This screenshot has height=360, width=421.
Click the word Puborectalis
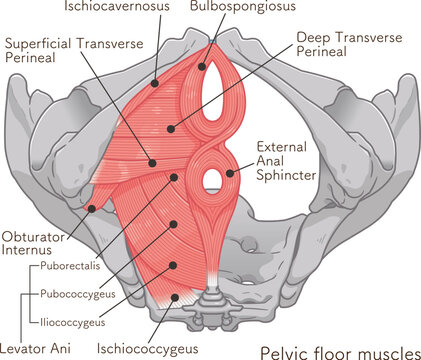coord(74,267)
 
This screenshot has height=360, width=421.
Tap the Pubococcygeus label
coord(79,296)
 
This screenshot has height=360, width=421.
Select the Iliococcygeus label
coord(75,323)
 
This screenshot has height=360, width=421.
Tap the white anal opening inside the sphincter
coord(212,179)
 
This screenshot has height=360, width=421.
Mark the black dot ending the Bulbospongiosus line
coord(203,68)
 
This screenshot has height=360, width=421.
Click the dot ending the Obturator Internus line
coord(92,209)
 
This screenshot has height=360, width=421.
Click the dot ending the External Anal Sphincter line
coord(231,173)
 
